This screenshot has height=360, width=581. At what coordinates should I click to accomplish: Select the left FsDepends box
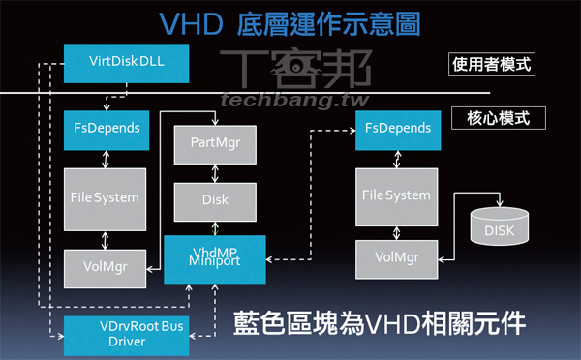(x=106, y=127)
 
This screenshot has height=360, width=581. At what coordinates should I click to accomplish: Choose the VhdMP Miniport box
(x=214, y=258)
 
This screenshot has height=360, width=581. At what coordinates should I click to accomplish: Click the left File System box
(x=105, y=197)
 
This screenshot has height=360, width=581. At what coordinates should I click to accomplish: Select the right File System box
(x=395, y=196)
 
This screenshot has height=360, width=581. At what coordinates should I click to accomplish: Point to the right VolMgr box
(x=395, y=257)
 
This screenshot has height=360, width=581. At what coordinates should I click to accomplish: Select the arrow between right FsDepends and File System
(x=395, y=159)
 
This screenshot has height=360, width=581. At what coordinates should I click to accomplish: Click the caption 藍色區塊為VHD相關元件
(x=381, y=322)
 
